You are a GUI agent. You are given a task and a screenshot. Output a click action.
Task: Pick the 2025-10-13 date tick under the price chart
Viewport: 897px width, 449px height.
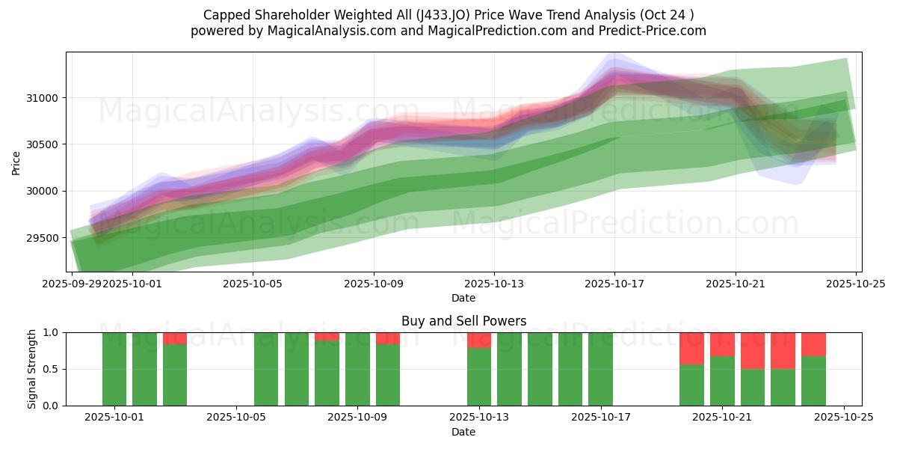coord(493,284)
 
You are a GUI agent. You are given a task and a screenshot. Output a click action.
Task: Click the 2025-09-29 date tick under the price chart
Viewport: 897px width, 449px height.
coord(72,284)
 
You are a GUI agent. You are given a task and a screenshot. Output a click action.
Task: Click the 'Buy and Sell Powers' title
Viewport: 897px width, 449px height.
coord(463,321)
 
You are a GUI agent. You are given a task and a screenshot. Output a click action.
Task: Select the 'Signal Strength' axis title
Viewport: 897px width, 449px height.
coord(31,369)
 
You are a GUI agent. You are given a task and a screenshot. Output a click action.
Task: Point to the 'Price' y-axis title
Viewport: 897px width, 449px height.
coord(16,162)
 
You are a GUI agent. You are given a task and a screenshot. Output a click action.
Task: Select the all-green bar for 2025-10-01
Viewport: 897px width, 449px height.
coord(114,369)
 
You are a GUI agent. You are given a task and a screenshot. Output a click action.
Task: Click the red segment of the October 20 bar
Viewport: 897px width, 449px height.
coord(691,348)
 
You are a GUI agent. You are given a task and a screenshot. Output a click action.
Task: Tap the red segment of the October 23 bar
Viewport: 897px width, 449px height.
coord(783,350)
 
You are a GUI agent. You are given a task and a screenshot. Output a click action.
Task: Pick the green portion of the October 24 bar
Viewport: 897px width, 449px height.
coord(813,381)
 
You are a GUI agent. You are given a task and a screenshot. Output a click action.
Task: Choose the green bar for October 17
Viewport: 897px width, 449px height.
coord(600,369)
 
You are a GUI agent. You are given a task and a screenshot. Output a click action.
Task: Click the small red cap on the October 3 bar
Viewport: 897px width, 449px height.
coord(175,338)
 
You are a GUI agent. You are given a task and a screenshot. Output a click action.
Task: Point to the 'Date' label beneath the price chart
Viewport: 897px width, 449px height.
coord(463,298)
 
